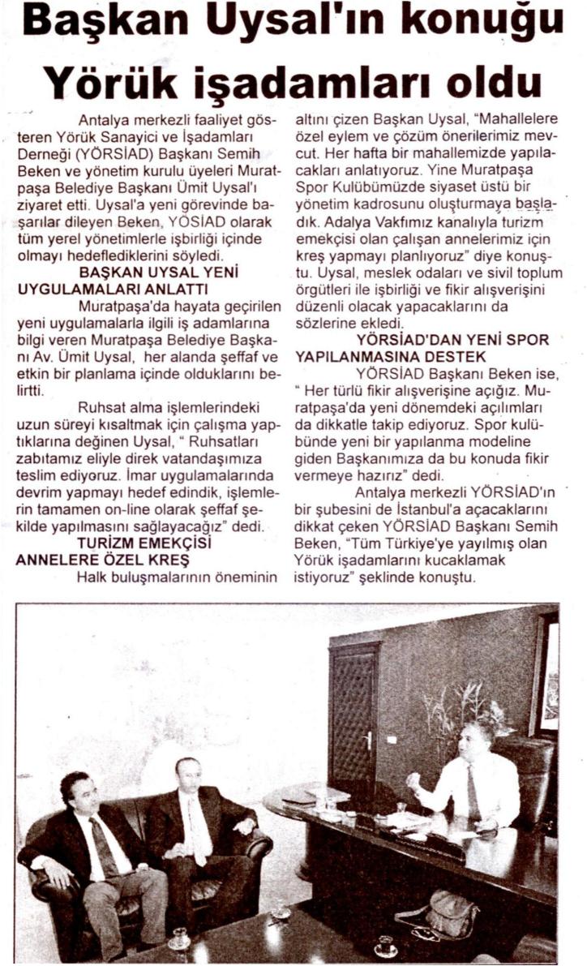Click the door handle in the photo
(370, 741)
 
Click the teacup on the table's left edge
(178, 939)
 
